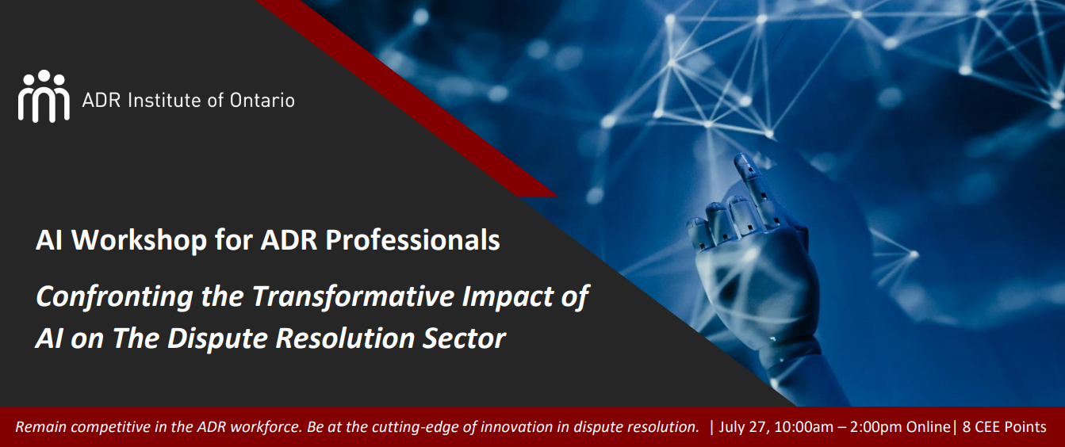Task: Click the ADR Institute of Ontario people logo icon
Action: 44,97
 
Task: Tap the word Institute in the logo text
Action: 163,100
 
